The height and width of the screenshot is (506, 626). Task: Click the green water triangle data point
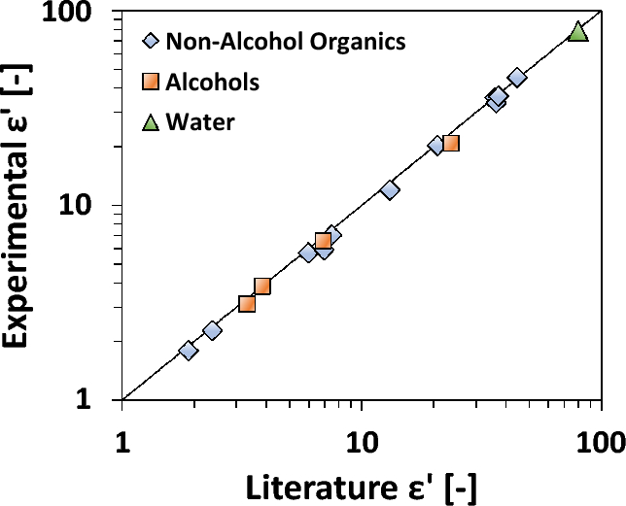click(x=578, y=32)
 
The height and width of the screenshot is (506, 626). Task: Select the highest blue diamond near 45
click(x=517, y=78)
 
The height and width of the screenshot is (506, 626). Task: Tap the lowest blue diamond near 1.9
click(x=189, y=351)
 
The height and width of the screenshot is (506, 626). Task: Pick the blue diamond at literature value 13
click(x=390, y=190)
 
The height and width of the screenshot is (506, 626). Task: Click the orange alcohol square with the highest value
click(x=450, y=144)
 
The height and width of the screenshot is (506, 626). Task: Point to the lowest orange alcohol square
click(x=247, y=304)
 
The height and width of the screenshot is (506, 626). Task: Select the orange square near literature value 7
click(x=324, y=242)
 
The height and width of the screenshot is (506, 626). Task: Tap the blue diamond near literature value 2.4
click(x=212, y=331)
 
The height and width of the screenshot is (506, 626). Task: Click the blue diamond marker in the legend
click(x=150, y=42)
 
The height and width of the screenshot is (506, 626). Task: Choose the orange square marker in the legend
click(x=150, y=83)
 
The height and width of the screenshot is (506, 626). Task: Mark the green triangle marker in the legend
click(x=150, y=122)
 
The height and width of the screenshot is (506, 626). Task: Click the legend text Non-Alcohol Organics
click(x=286, y=42)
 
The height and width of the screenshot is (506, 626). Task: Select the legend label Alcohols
click(x=213, y=83)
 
